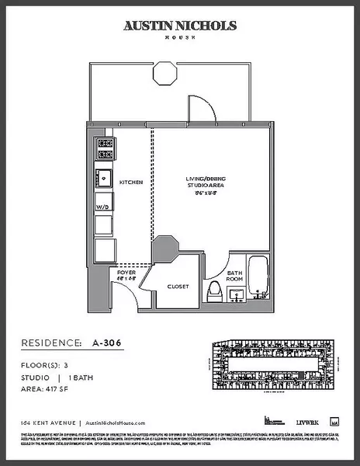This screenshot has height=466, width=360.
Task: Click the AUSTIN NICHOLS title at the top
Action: pyautogui.click(x=180, y=26)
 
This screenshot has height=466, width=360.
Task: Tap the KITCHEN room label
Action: pyautogui.click(x=130, y=183)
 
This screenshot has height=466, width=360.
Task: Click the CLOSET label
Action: pyautogui.click(x=178, y=287)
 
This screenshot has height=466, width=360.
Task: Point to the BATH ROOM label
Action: pyautogui.click(x=234, y=276)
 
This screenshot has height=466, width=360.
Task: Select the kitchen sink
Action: pyautogui.click(x=103, y=178)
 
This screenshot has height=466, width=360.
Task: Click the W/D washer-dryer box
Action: pyautogui.click(x=103, y=207)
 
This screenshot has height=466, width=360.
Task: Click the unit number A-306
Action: pyautogui.click(x=108, y=342)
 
